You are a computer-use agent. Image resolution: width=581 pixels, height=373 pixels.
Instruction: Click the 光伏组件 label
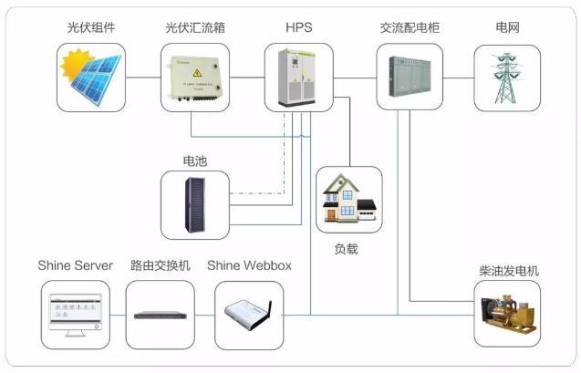(90, 28)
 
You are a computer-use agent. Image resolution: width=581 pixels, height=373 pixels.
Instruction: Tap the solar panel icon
(90, 77)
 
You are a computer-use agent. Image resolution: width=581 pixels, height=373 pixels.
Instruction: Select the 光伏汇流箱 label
(195, 28)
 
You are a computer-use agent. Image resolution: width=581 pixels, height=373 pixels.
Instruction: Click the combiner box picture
(195, 77)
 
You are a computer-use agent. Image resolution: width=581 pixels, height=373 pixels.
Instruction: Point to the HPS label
(298, 28)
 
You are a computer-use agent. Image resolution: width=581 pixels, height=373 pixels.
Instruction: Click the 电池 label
(195, 161)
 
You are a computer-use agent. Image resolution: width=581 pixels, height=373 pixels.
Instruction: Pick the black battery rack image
(195, 202)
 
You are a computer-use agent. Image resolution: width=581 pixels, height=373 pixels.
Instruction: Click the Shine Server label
(76, 265)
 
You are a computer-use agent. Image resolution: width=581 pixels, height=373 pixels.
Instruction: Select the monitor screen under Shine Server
(76, 313)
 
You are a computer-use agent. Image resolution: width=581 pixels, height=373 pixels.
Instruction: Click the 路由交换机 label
(160, 265)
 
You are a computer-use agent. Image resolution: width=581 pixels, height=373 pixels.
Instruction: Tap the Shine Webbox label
(249, 265)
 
